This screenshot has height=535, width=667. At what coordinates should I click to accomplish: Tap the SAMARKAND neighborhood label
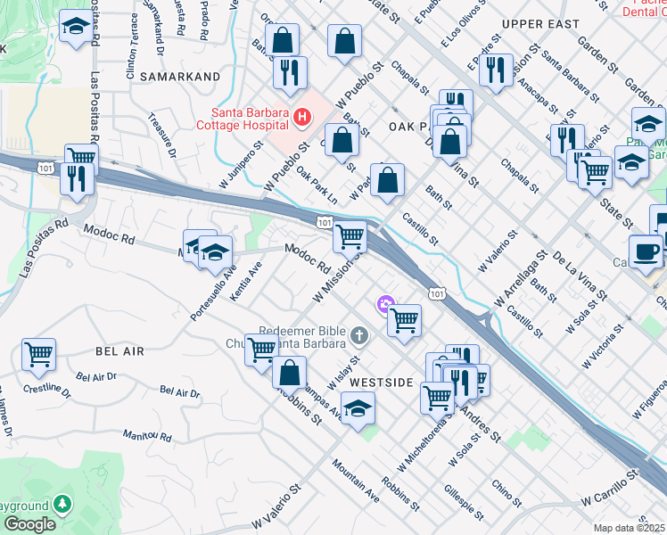coord(178,78)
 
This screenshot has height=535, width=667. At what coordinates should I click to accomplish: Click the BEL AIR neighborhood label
coord(119,352)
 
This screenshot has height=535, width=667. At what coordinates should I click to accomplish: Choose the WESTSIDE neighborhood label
coord(381,382)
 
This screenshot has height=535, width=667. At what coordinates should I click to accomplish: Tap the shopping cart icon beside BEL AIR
coord(38,354)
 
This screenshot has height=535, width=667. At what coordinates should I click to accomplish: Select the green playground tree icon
coord(62,505)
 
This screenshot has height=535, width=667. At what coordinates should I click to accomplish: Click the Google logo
coord(29,524)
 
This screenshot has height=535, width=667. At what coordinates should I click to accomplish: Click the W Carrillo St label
coord(612,490)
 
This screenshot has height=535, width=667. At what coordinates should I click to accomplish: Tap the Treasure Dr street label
coord(163,135)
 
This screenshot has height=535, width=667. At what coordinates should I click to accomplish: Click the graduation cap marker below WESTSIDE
coord(358,408)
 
